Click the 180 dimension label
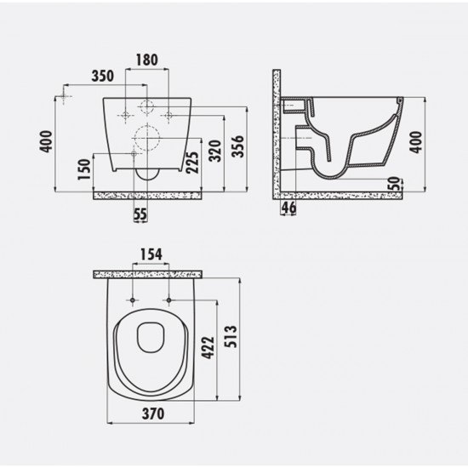tap(147, 60)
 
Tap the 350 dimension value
tap(103, 76)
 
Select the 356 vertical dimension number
tap(238, 146)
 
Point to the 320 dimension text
tap(215, 151)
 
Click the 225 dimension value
tap(192, 163)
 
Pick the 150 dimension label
tap(84, 169)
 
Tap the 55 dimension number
tap(140, 214)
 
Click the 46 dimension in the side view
tap(288, 207)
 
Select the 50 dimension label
tap(394, 184)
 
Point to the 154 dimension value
tap(151, 254)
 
